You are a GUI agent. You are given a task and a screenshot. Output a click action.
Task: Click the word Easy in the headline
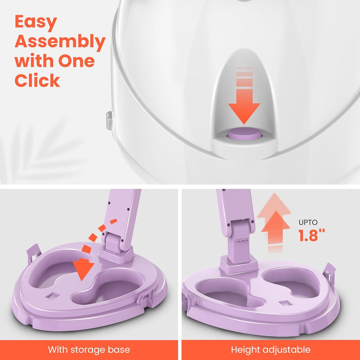point(36,22)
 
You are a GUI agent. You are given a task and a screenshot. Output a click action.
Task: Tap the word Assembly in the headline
point(60,42)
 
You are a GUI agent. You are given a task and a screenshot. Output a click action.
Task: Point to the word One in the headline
point(76,61)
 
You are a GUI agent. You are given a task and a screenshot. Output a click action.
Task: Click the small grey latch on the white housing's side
point(109,120)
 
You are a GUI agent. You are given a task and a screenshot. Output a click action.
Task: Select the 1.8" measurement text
point(311,235)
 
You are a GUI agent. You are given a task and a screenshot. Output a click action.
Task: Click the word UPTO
point(308,222)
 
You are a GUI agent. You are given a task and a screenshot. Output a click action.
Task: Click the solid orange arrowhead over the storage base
point(84,269)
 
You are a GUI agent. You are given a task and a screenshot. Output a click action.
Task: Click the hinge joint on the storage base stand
point(113,242)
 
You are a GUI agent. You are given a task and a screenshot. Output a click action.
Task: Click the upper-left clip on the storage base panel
point(34,254)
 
